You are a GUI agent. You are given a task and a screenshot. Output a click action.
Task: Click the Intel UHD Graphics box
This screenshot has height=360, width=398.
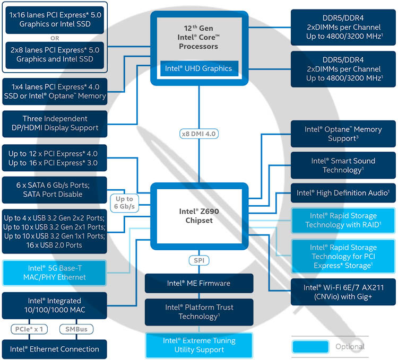(199, 68)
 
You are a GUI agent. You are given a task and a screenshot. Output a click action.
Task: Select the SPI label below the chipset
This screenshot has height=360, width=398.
(199, 261)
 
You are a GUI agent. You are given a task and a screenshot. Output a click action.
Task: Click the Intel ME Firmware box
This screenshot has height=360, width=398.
(199, 283)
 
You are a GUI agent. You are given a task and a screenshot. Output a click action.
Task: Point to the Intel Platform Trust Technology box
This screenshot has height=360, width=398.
(199, 312)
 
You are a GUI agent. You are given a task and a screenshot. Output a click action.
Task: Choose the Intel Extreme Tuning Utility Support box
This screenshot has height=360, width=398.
(199, 345)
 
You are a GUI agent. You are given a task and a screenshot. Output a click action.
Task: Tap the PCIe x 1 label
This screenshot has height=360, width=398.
(28, 329)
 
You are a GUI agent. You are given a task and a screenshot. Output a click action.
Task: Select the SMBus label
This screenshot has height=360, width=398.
(76, 329)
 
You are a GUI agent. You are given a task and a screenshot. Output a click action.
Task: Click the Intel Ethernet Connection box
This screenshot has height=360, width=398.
(55, 349)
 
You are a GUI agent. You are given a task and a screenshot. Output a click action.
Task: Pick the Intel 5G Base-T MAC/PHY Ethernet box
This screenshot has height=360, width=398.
(55, 272)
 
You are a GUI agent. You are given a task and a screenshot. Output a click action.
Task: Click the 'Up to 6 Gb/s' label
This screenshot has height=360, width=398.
(123, 201)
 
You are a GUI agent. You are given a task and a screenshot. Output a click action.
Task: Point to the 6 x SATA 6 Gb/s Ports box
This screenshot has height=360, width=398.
(55, 189)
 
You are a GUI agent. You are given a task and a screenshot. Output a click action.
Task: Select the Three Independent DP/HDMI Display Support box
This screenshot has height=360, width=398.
(55, 123)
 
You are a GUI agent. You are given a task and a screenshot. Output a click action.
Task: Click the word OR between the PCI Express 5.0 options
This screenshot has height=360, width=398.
(54, 38)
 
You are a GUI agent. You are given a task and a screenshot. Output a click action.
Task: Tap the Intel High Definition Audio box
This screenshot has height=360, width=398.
(343, 193)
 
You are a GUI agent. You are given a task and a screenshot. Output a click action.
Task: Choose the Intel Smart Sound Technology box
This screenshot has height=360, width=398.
(343, 165)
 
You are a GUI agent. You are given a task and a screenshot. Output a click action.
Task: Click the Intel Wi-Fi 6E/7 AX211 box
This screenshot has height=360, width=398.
(343, 292)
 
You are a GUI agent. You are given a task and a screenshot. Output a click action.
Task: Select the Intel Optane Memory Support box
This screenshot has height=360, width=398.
(343, 133)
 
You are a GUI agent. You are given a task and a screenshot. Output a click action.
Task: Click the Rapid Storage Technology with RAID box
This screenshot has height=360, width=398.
(343, 220)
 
